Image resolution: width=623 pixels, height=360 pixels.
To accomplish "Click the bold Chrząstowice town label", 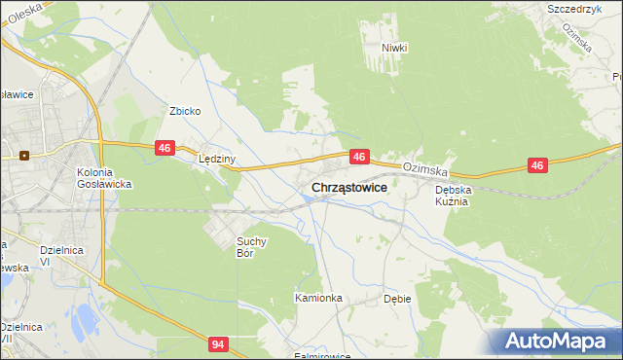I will tap(349, 187).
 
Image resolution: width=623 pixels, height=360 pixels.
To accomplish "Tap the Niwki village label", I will tap(394, 48).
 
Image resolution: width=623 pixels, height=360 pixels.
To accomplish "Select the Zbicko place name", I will tap(185, 111).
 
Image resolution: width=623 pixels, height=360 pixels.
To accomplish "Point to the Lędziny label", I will tap(217, 159).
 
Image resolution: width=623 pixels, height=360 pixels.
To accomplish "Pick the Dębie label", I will tap(399, 299).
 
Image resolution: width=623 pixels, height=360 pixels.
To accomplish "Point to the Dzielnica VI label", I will tap(58, 256).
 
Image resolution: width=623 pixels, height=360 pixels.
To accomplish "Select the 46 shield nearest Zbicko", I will tap(165, 148).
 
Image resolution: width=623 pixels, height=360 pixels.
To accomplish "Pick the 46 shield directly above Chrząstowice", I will tap(360, 156).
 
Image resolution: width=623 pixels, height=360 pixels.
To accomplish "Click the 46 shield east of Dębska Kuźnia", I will tap(537, 166).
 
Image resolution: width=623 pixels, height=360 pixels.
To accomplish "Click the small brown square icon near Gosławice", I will tap(23, 154).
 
